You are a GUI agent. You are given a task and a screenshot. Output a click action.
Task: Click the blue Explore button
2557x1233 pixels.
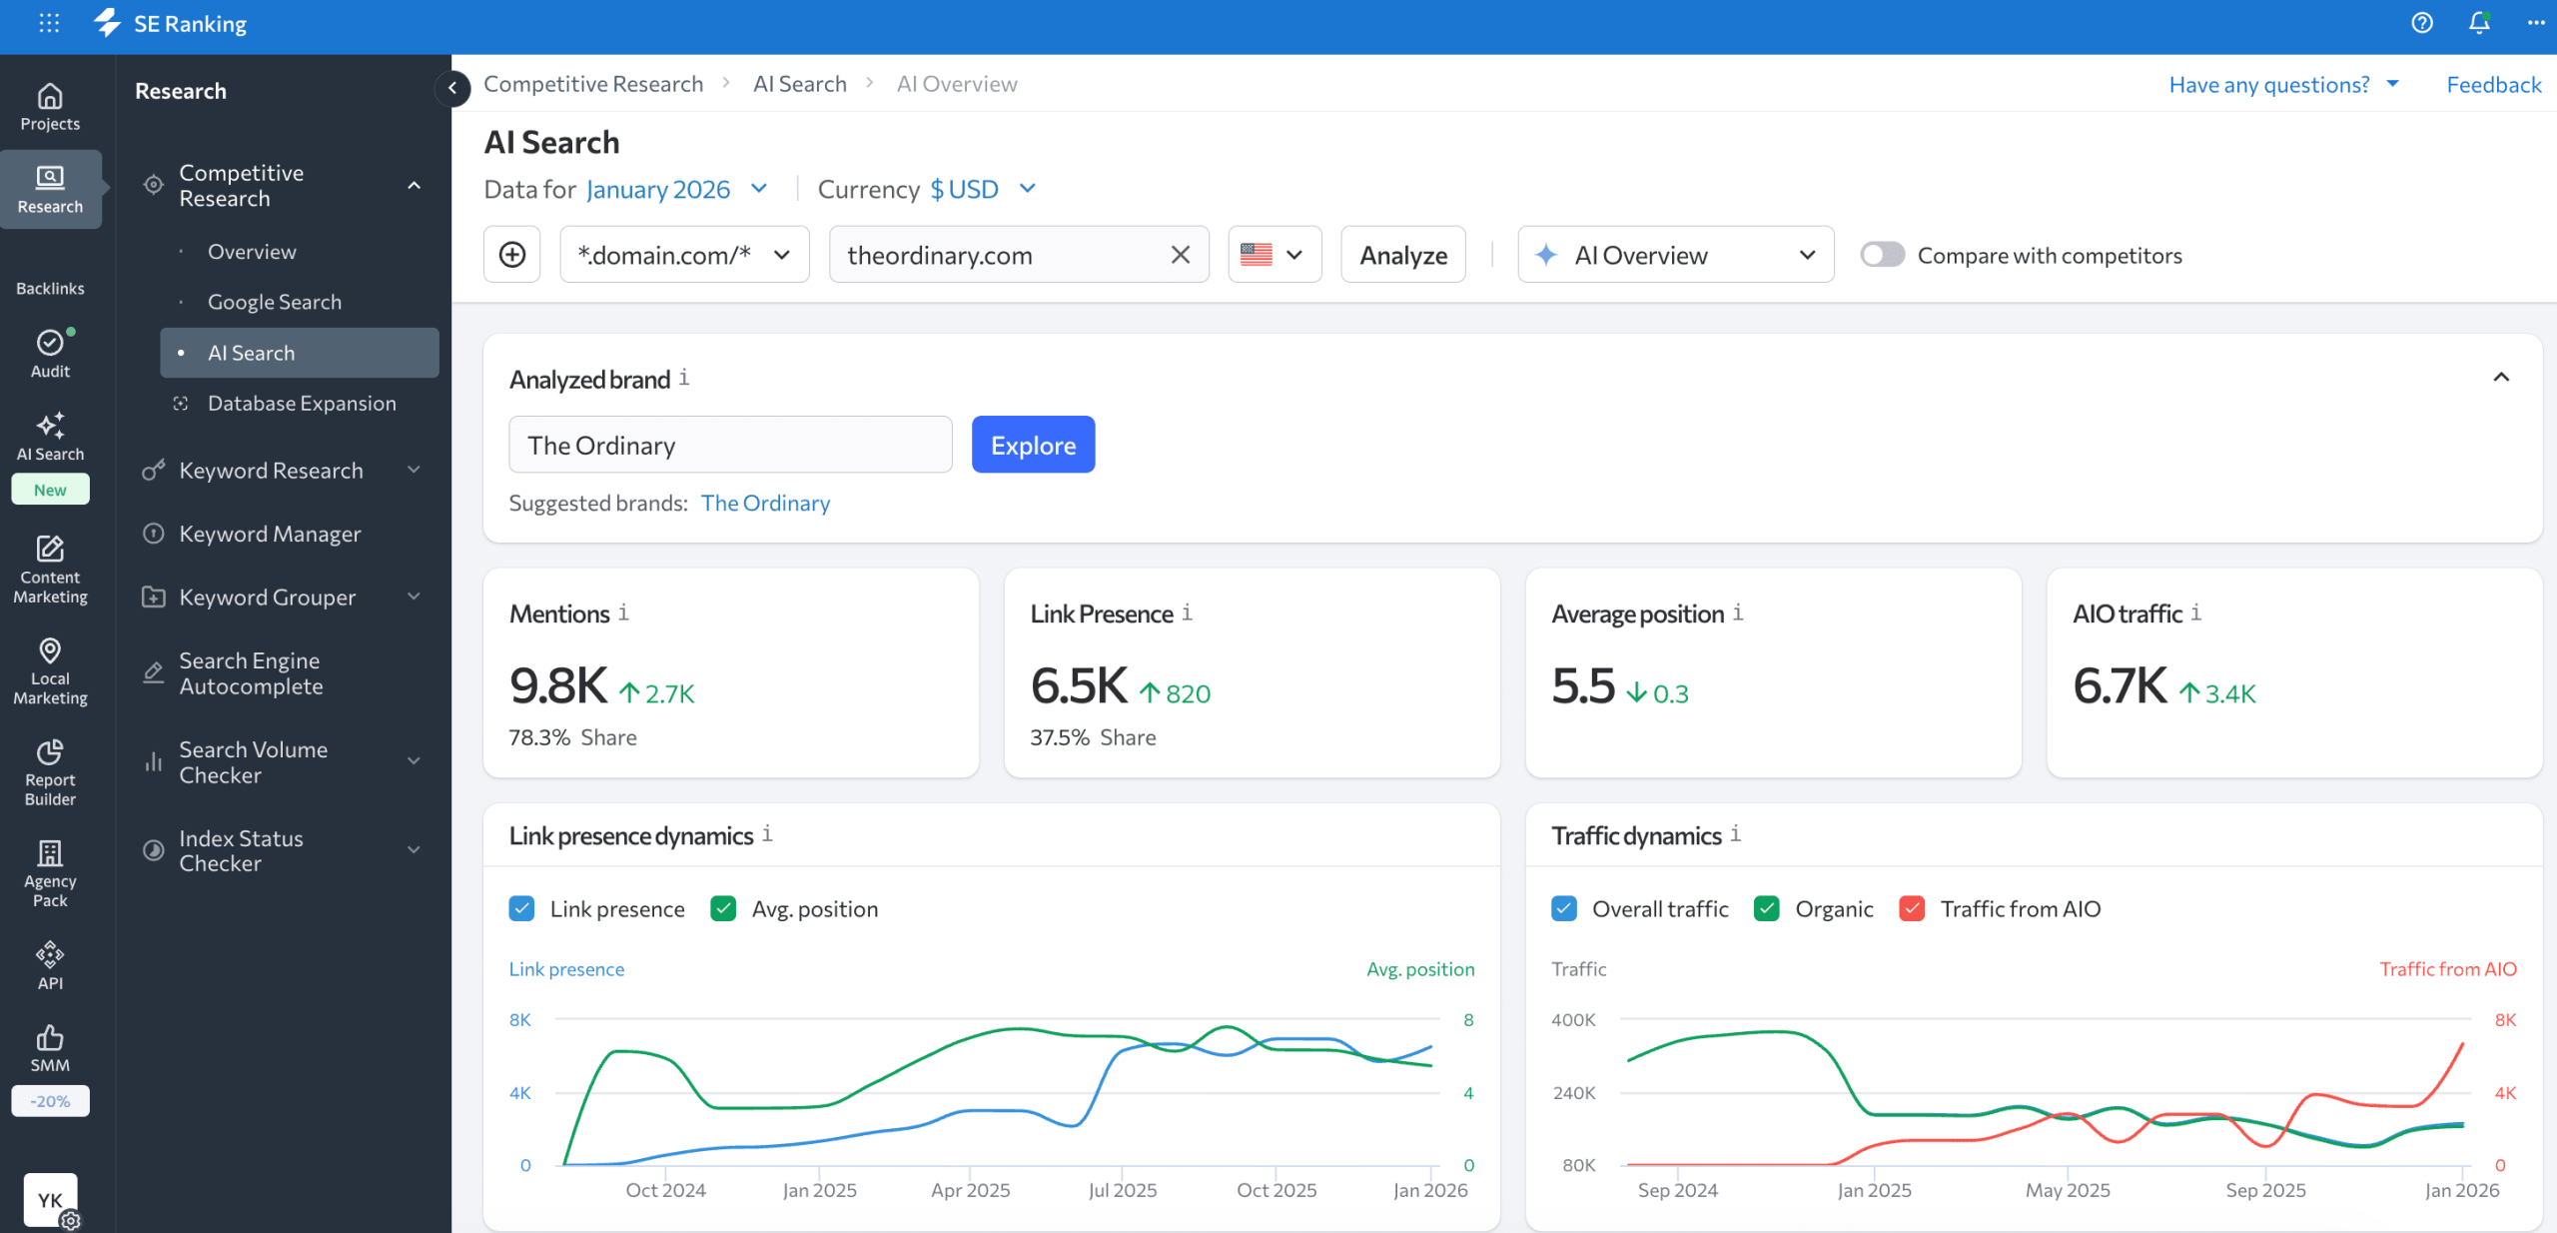click(1033, 445)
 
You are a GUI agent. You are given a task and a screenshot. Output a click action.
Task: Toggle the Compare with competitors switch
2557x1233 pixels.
click(1882, 255)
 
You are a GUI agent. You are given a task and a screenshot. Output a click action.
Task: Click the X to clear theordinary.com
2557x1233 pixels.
click(1180, 255)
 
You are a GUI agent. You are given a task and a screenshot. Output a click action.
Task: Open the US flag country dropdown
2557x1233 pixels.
click(1274, 255)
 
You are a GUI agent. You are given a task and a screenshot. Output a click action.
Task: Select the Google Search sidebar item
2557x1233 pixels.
click(274, 302)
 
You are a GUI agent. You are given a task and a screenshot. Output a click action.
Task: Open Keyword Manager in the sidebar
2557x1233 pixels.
click(270, 534)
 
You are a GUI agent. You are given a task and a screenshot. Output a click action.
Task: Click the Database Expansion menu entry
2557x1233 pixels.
click(301, 403)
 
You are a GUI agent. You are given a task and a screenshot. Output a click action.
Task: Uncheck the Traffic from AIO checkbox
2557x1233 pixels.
click(1912, 908)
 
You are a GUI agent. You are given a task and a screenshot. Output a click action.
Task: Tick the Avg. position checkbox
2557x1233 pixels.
click(723, 908)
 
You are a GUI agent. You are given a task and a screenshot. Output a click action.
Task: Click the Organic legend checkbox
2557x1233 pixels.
click(1767, 908)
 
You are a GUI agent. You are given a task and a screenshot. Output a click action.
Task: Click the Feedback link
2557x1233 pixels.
click(2493, 85)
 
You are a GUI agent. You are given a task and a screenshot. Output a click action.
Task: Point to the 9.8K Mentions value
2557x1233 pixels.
click(557, 685)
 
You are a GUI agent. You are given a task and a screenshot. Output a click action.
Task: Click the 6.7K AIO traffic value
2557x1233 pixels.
click(2120, 685)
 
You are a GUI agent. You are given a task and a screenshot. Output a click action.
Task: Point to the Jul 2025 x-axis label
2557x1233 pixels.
click(1122, 1190)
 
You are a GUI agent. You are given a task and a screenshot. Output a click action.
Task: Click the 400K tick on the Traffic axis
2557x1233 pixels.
click(1573, 1020)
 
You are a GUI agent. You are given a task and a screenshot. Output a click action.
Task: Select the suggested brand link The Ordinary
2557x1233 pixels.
click(765, 503)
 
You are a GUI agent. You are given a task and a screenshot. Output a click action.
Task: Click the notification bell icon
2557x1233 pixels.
click(2479, 23)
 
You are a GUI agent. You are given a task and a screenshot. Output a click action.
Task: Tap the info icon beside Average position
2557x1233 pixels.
click(1738, 613)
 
